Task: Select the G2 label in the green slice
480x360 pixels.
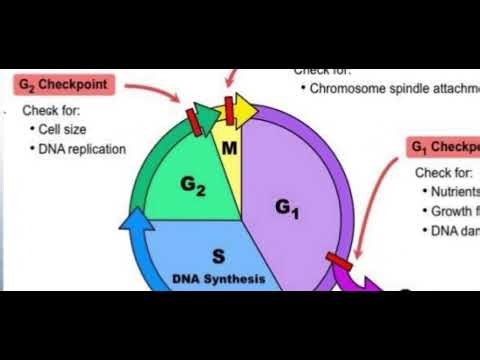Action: (194, 184)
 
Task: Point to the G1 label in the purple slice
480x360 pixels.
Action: (287, 207)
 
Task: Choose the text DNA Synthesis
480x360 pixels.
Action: (219, 278)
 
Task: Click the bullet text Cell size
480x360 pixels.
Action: (67, 130)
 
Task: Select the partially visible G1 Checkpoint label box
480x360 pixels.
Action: (444, 148)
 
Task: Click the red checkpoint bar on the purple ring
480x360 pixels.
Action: (339, 264)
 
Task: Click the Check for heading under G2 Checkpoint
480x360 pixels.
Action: (51, 110)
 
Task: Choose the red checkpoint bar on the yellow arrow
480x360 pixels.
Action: (230, 106)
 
